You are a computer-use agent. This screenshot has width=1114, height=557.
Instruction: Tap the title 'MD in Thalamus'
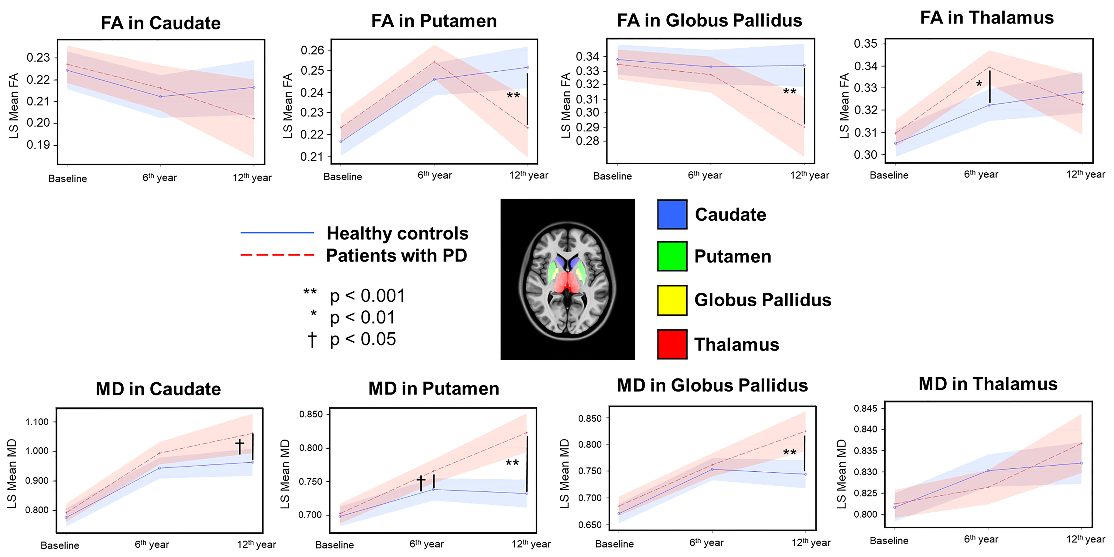[x=988, y=384]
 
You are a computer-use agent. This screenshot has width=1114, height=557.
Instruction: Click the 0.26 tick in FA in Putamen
[x=312, y=50]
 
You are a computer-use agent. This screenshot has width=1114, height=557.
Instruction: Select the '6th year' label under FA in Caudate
[x=160, y=178]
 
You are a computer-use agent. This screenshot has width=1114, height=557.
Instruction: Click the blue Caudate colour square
[x=672, y=214]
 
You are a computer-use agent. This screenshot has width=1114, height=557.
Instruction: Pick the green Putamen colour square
[x=672, y=256]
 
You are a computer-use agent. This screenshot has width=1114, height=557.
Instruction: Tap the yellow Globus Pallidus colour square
[x=672, y=300]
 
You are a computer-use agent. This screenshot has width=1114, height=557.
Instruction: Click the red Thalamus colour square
[x=672, y=344]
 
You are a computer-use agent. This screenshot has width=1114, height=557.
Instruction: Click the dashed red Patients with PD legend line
[x=277, y=255]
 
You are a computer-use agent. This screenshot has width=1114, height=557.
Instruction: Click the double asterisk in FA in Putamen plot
[x=513, y=96]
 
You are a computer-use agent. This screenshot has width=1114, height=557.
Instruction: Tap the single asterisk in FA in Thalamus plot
[x=979, y=84]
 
